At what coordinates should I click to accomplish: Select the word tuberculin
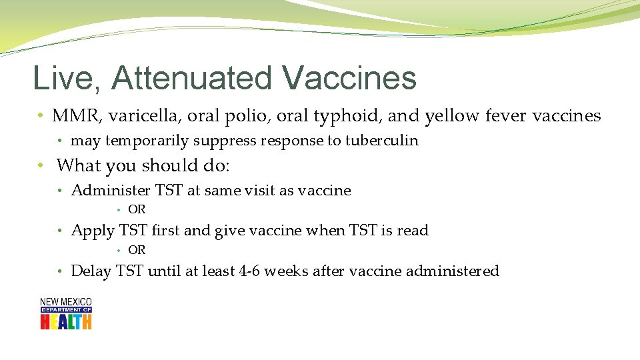[x=381, y=141]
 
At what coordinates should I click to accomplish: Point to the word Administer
[x=111, y=191]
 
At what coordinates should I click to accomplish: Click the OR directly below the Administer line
[x=137, y=210]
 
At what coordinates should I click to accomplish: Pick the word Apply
[x=93, y=231]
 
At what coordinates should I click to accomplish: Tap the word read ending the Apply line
[x=413, y=231]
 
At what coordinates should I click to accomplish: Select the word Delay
[x=91, y=271]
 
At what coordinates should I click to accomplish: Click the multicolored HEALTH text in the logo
[x=65, y=322]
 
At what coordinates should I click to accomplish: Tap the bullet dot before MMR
[x=42, y=116]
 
